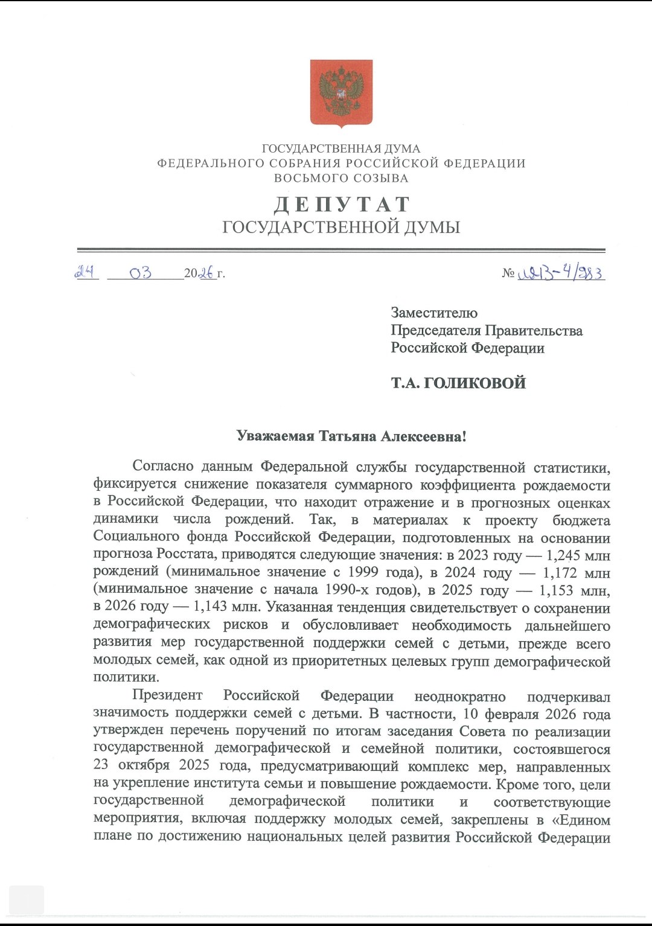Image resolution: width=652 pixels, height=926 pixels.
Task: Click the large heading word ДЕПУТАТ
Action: pos(342,205)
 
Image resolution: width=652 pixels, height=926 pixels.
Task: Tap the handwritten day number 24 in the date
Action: pos(86,272)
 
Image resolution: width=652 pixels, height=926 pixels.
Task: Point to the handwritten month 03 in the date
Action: pos(140,273)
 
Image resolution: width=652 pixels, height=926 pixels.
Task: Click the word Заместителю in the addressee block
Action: pos(434,313)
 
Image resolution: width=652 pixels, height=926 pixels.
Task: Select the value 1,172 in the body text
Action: pos(560,573)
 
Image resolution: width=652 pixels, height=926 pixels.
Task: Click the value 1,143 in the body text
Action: pos(210,607)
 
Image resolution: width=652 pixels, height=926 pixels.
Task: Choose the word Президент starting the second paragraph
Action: pos(167,696)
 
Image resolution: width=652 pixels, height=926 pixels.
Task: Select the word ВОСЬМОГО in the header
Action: pos(303,178)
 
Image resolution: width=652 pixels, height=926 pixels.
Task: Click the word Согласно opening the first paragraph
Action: pos(163,467)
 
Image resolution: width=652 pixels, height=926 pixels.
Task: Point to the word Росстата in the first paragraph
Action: pos(187,554)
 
